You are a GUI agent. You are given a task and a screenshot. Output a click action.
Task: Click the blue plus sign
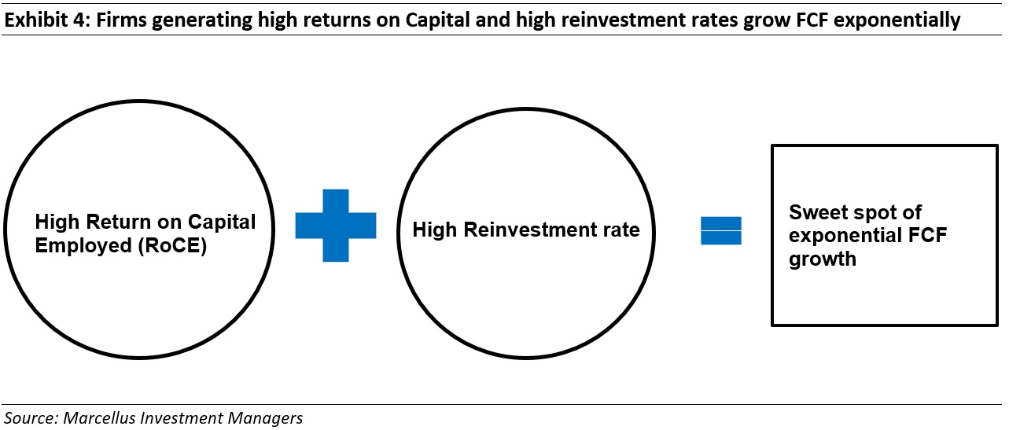pyautogui.click(x=336, y=225)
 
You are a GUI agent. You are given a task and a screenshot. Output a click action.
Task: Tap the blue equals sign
pyautogui.click(x=720, y=230)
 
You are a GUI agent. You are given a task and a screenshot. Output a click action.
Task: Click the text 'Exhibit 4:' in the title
pyautogui.click(x=47, y=20)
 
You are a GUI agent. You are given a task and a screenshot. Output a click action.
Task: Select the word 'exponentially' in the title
pyautogui.click(x=897, y=20)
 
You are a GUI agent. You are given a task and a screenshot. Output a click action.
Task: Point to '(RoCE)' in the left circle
pyautogui.click(x=172, y=246)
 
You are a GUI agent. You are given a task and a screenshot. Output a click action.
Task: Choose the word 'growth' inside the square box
pyautogui.click(x=823, y=259)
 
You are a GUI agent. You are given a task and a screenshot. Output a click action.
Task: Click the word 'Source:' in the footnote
pyautogui.click(x=31, y=418)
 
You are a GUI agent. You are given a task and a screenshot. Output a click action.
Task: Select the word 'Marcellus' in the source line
pyautogui.click(x=99, y=418)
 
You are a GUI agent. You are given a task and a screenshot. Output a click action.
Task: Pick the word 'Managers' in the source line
pyautogui.click(x=265, y=418)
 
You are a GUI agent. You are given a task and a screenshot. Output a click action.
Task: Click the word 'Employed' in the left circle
pyautogui.click(x=83, y=246)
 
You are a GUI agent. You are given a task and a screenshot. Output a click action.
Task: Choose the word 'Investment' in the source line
pyautogui.click(x=181, y=418)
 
